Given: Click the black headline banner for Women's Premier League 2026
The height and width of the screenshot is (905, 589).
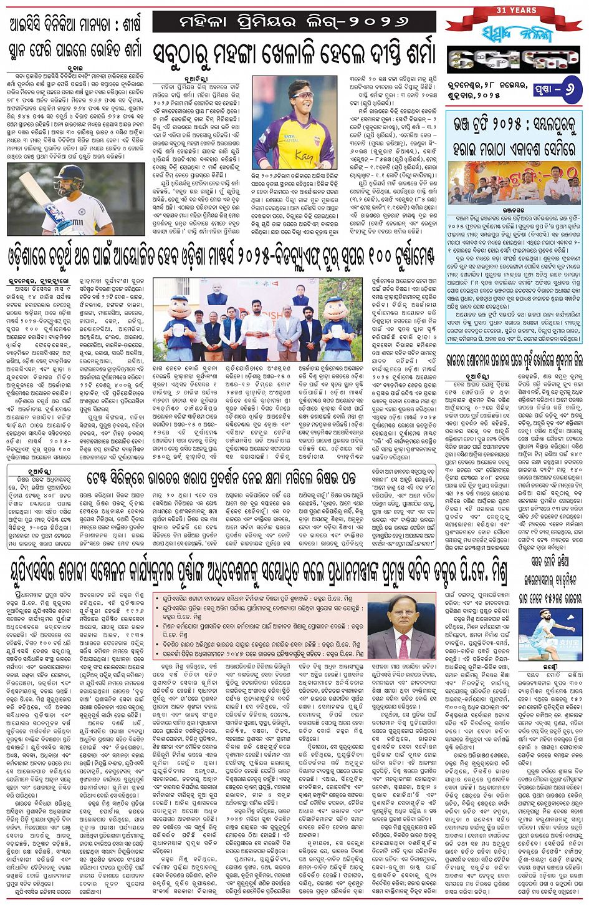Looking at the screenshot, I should pyautogui.click(x=295, y=21).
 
